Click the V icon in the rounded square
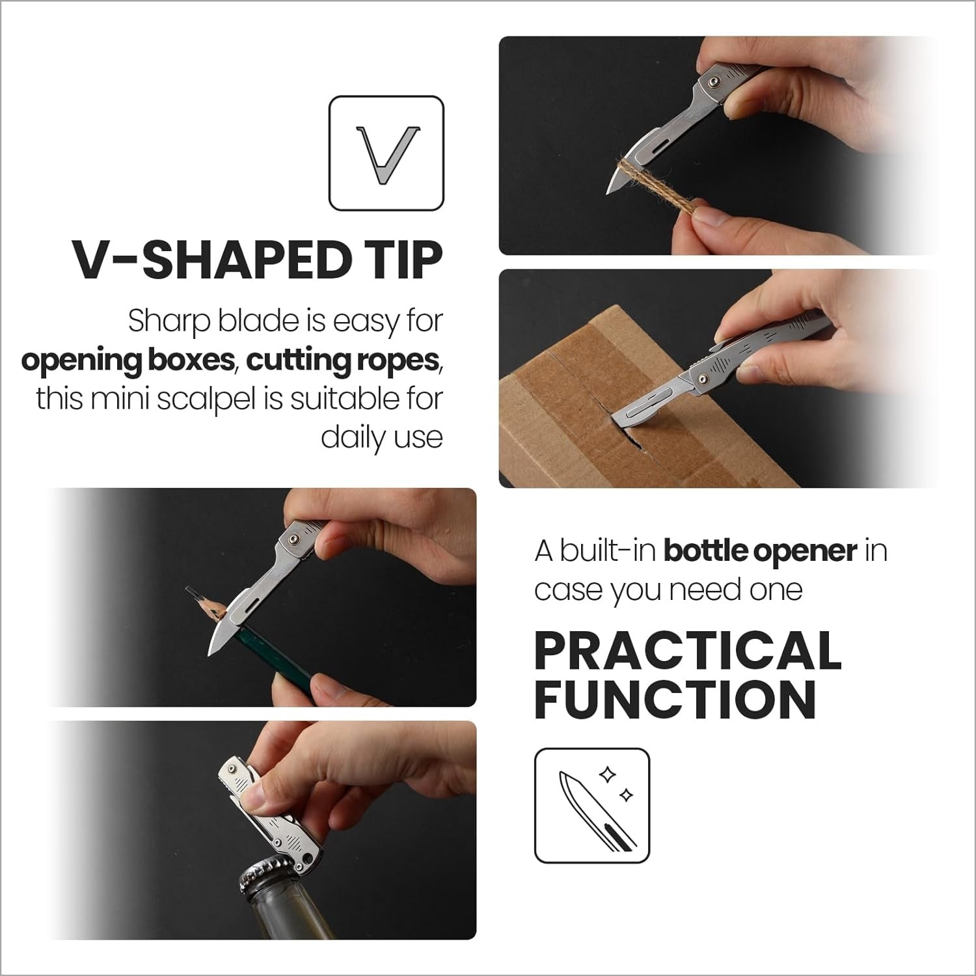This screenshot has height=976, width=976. click(x=386, y=154)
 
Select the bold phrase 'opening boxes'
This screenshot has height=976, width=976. click(x=127, y=360)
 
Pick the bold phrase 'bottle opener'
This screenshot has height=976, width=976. click(x=760, y=552)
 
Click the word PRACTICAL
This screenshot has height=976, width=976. click(x=688, y=651)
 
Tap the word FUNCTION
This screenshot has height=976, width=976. click(x=675, y=699)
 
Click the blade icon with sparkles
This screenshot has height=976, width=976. click(x=592, y=806)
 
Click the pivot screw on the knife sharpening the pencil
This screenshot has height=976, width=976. click(x=293, y=538)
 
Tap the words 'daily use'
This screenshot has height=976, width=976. click(x=382, y=438)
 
